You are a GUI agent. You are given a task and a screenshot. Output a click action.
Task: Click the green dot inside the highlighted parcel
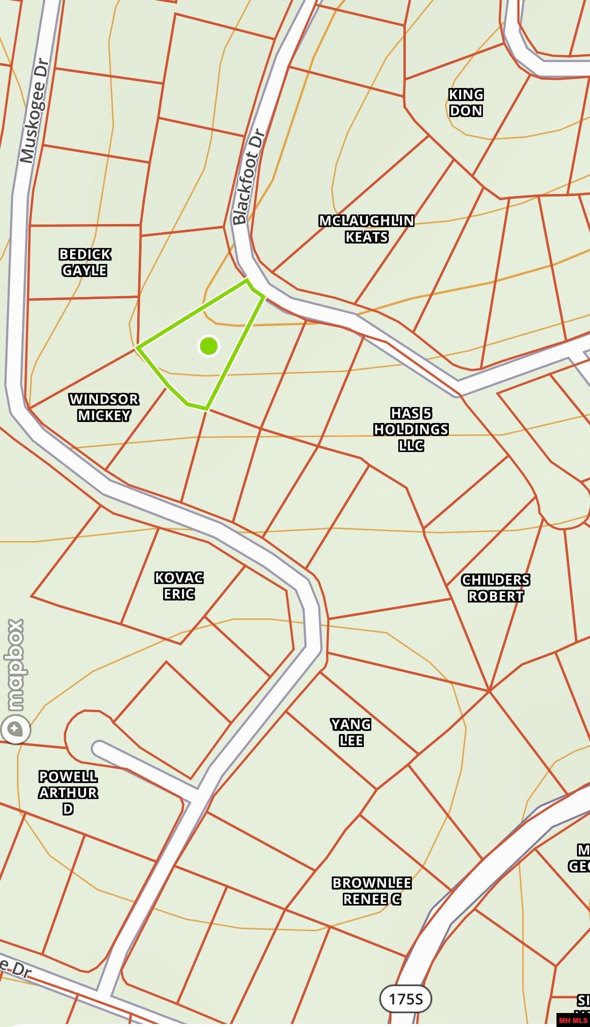coord(209,346)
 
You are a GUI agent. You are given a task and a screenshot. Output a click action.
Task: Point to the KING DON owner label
coord(465,102)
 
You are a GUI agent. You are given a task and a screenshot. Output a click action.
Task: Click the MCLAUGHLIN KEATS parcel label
coord(366,228)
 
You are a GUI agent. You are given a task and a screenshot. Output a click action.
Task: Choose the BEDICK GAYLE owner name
coord(85,262)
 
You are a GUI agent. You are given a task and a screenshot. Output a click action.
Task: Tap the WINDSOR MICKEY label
coord(104,407)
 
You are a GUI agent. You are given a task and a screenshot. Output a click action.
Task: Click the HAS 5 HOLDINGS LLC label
coord(411,429)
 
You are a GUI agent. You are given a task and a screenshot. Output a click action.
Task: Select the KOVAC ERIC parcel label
coord(179,585)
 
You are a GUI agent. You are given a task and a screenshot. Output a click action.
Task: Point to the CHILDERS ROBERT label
coord(495,588)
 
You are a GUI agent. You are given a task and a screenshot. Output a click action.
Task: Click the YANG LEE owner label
coord(351,732)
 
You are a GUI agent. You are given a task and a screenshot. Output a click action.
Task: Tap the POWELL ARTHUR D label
coord(68,792)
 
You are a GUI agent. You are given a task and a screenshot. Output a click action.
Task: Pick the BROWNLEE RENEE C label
coord(371,890)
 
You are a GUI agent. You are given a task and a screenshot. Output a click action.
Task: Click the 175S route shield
coord(405,999)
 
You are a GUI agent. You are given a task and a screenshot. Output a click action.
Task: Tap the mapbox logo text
coord(15,665)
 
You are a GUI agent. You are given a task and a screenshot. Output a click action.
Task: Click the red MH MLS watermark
coord(572,1020)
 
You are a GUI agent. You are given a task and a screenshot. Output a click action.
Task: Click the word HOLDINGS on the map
coord(411,429)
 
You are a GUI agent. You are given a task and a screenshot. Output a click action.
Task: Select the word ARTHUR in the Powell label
coord(68,792)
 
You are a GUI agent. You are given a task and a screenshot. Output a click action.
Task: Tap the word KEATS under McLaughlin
coord(366,236)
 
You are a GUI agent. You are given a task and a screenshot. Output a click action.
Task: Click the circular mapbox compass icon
coord(16,728)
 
